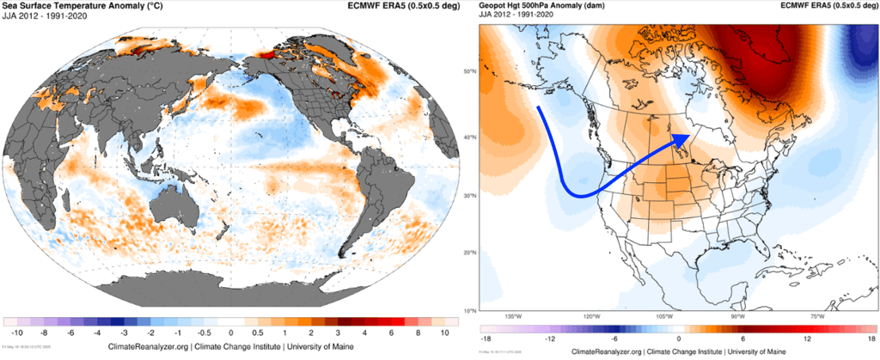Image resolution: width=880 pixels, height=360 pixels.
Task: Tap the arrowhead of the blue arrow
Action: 681,137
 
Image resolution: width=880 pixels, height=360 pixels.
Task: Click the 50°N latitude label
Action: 470,71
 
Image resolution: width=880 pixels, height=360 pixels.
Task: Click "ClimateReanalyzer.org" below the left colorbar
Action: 149,345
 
